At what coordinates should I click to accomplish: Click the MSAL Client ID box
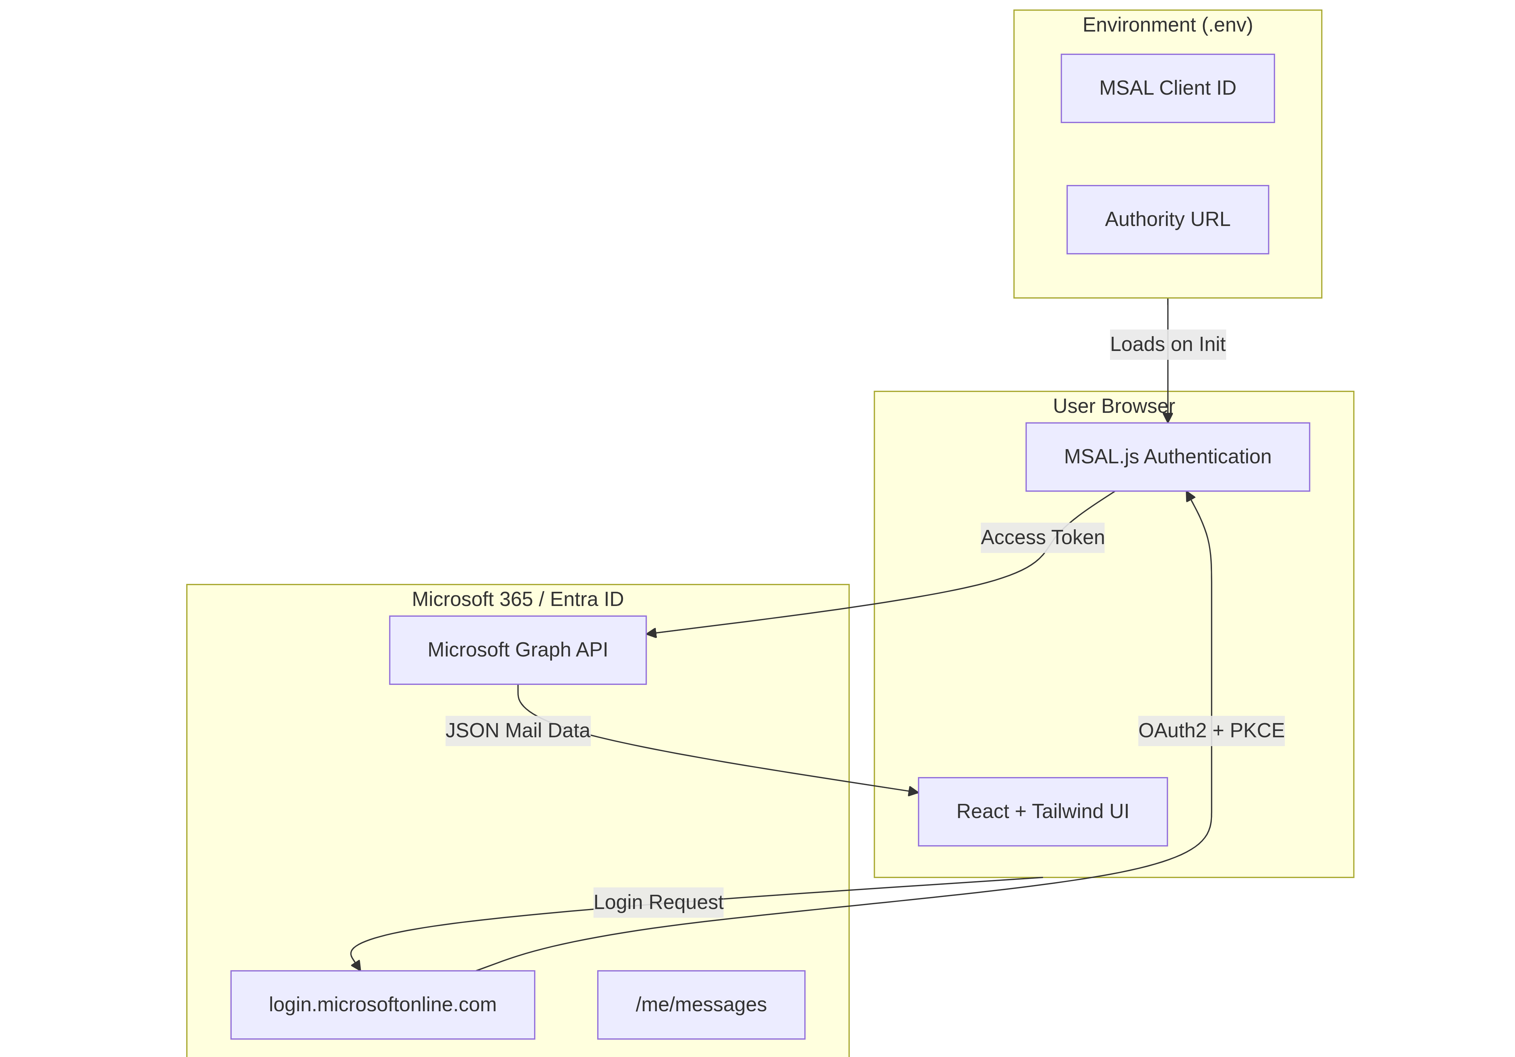(x=1167, y=88)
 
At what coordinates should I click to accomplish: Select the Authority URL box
(x=1167, y=220)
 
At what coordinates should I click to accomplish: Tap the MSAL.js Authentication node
(x=1167, y=457)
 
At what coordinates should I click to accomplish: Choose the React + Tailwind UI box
(x=1043, y=811)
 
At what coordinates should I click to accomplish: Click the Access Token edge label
(x=1043, y=538)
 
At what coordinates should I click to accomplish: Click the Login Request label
(x=658, y=902)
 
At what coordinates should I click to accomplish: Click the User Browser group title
(x=1114, y=407)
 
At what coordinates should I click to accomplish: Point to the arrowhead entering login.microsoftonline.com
(x=356, y=965)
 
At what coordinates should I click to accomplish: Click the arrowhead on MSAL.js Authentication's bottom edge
(x=1190, y=497)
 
